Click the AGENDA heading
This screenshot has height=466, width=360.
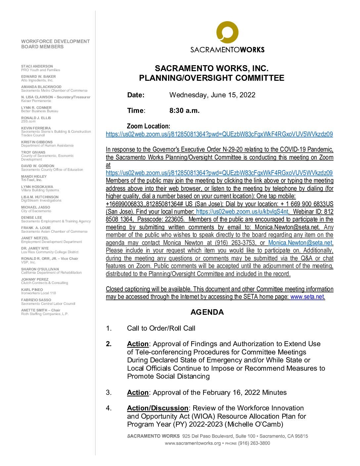point(207,312)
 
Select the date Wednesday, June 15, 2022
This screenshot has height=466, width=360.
point(212,95)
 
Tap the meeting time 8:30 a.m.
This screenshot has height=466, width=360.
point(184,111)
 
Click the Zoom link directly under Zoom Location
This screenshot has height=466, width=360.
point(219,134)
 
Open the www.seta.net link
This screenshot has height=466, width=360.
point(307,297)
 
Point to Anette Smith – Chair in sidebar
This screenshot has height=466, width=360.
point(41,310)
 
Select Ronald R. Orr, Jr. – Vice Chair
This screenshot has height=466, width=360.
point(50,258)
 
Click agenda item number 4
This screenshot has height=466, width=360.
point(109,408)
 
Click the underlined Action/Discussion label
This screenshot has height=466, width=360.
point(157,408)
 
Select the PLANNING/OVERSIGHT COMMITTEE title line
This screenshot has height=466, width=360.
point(211,78)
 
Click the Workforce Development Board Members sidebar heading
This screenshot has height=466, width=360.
point(55,44)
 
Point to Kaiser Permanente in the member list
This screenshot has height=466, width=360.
point(36,101)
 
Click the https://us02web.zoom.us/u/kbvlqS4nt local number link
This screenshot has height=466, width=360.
point(242,211)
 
